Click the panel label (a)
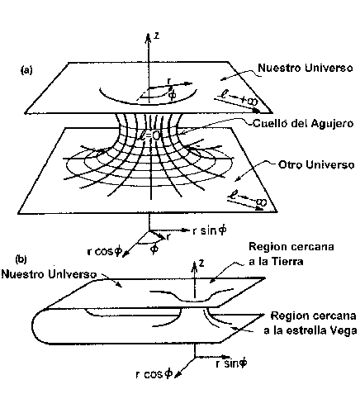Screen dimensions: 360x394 26,70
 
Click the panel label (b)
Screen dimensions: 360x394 21,259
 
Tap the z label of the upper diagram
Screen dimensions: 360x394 156,36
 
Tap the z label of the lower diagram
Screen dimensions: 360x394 201,263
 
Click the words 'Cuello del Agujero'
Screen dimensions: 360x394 303,123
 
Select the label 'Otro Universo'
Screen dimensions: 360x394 316,164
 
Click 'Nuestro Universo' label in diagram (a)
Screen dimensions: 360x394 306,68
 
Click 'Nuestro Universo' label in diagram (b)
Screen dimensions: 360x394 49,274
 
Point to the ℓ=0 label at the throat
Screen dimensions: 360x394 149,135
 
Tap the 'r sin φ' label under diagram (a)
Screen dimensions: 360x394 210,230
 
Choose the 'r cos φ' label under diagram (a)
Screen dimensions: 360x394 104,251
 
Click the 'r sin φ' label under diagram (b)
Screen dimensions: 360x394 231,363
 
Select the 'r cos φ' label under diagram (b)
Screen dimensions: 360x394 154,374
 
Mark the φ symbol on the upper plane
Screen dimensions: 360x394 172,95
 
